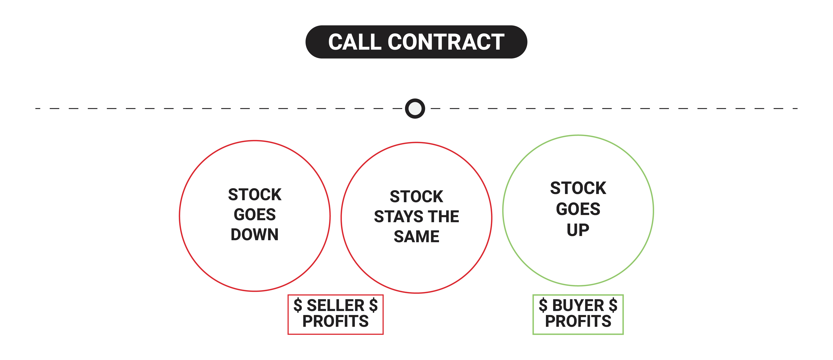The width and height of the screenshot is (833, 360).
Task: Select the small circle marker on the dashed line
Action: (x=415, y=109)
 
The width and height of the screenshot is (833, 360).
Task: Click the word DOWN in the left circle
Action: (x=254, y=235)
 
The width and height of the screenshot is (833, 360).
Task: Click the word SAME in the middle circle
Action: (x=417, y=236)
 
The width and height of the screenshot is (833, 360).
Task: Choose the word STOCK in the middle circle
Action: (x=417, y=196)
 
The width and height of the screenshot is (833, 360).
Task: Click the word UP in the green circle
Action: (x=578, y=230)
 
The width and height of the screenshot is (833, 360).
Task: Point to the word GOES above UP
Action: (x=578, y=209)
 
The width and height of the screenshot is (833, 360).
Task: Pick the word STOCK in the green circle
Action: (x=578, y=188)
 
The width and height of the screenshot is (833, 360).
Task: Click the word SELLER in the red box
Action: (x=336, y=305)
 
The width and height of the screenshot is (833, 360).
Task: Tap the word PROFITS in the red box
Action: (x=336, y=321)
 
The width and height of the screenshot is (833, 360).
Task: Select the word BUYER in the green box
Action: (x=578, y=305)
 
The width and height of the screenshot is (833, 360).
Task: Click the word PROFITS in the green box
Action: (x=578, y=321)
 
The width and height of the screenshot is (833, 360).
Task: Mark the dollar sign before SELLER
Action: (x=298, y=305)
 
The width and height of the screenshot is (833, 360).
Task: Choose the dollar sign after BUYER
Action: (x=613, y=305)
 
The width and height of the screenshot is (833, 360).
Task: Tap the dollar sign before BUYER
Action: (x=543, y=305)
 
